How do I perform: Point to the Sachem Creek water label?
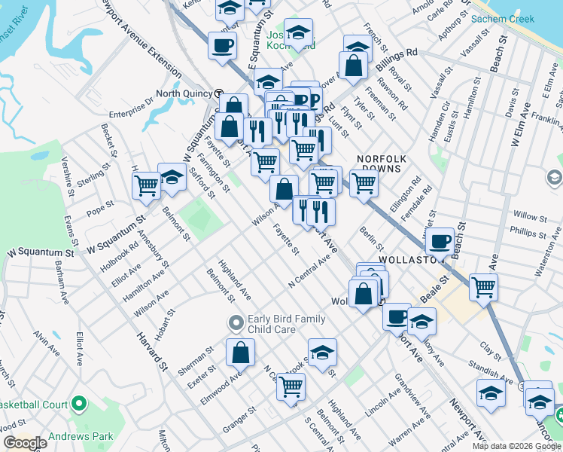[x=502, y=19]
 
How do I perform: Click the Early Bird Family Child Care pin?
[x=236, y=323]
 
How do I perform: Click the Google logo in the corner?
[x=25, y=443]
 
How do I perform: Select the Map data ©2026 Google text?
[x=516, y=446]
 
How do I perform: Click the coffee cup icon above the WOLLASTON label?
[x=440, y=242]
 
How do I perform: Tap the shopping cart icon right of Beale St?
[x=483, y=286]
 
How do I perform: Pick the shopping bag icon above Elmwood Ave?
[x=240, y=352]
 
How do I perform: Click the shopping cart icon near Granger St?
[x=291, y=387]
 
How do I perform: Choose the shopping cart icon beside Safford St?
[x=146, y=185]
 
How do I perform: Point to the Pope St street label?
[x=100, y=206]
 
